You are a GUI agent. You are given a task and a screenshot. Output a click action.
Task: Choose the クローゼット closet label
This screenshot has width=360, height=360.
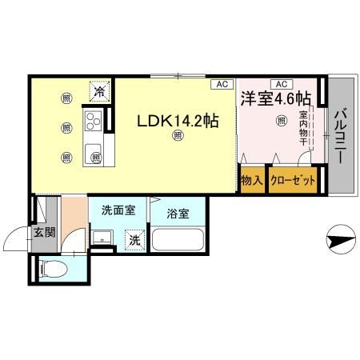(x=292, y=181)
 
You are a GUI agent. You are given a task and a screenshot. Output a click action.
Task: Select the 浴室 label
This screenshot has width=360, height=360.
(x=178, y=214)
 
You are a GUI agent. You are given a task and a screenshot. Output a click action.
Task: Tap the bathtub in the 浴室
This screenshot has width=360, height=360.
(x=178, y=241)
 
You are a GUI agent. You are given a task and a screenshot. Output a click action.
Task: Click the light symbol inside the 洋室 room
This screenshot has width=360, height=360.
(x=281, y=122)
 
